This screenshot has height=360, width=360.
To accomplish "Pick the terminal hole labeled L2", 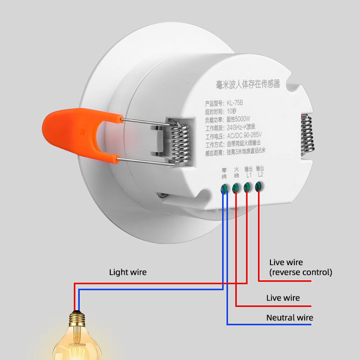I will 258,186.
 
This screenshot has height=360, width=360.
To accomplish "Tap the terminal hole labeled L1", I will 247,187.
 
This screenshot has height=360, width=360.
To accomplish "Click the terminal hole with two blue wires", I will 224,189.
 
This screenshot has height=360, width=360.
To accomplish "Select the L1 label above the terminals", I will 248,172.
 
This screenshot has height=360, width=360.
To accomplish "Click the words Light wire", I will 128,272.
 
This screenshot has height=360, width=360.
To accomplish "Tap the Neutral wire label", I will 289,318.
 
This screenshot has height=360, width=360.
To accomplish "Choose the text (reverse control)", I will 301,272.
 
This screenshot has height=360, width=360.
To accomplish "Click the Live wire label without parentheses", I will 283,298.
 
